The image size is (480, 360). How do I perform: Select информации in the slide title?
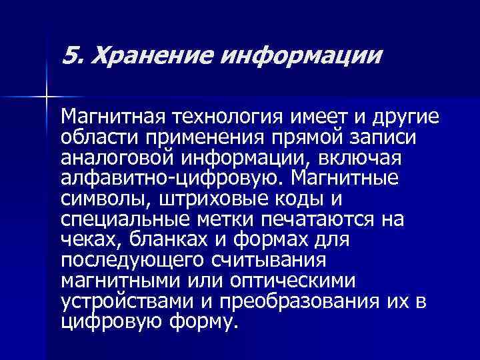291,55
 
